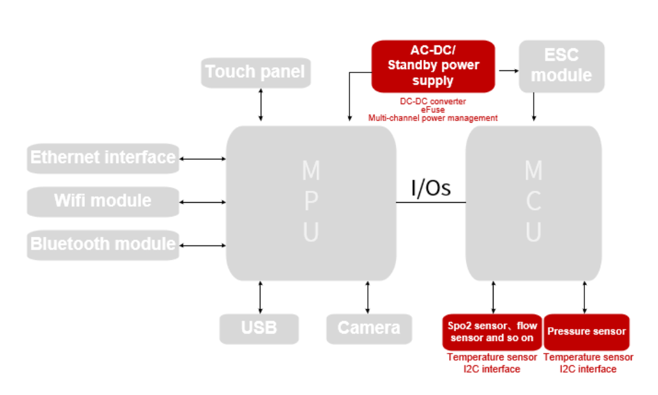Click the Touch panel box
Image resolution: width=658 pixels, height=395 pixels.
(255, 72)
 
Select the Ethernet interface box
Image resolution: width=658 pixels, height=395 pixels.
(103, 158)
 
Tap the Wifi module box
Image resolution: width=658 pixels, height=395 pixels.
(103, 201)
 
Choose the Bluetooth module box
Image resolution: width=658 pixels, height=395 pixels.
(103, 244)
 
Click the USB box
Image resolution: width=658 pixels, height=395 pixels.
(259, 328)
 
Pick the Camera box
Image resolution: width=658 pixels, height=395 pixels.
(368, 328)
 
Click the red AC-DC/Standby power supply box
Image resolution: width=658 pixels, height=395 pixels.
(433, 66)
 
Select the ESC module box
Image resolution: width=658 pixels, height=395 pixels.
(561, 66)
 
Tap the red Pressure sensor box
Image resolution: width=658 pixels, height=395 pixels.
(586, 332)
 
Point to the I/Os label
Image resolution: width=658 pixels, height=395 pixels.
(431, 188)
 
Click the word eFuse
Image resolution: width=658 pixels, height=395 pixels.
(433, 110)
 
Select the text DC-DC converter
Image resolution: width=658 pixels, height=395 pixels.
(433, 101)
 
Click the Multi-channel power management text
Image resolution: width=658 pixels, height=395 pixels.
(433, 118)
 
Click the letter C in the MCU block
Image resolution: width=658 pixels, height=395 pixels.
(534, 201)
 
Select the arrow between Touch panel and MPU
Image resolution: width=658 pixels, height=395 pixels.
(261, 104)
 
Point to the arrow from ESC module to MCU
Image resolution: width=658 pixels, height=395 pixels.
(534, 107)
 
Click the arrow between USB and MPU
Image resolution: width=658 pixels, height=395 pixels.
(261, 297)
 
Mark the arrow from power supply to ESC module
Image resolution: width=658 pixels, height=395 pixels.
(507, 69)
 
